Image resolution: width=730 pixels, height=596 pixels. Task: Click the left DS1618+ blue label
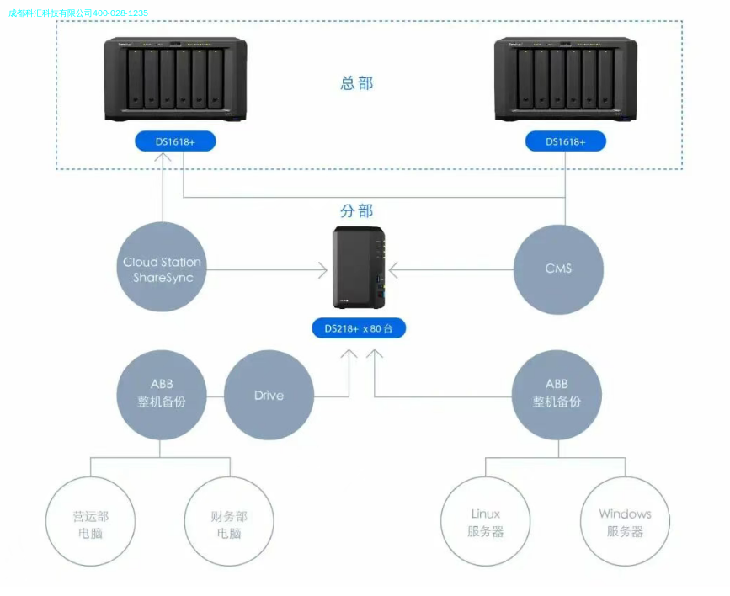pyautogui.click(x=175, y=141)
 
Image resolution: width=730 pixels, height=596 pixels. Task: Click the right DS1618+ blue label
pyautogui.click(x=565, y=141)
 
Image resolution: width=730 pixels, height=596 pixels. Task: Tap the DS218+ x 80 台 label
pyautogui.click(x=359, y=328)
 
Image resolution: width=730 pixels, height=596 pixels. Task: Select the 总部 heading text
pyautogui.click(x=356, y=83)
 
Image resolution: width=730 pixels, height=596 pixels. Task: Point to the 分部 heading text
pyautogui.click(x=356, y=211)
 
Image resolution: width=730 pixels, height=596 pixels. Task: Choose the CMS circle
pyautogui.click(x=558, y=269)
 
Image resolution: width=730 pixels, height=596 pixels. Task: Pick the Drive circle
pyautogui.click(x=269, y=396)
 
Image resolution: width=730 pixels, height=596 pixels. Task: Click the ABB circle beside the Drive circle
pyautogui.click(x=162, y=394)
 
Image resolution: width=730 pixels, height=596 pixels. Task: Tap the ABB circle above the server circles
pyautogui.click(x=557, y=394)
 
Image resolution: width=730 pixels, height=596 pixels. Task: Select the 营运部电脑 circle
pyautogui.click(x=90, y=522)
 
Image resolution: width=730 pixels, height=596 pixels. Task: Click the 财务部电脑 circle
pyautogui.click(x=229, y=522)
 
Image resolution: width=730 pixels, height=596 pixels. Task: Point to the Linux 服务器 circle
pyautogui.click(x=485, y=522)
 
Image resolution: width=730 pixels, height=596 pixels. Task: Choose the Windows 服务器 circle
pyautogui.click(x=625, y=522)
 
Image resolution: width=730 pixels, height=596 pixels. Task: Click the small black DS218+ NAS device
pyautogui.click(x=360, y=268)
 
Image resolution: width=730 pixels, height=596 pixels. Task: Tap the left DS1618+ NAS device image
pyautogui.click(x=176, y=81)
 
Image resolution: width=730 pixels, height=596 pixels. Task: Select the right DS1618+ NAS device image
pyautogui.click(x=565, y=81)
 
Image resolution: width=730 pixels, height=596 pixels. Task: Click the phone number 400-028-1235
pyautogui.click(x=120, y=13)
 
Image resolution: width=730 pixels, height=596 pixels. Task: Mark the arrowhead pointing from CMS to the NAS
pyautogui.click(x=393, y=270)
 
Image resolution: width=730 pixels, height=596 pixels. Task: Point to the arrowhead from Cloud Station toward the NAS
pyautogui.click(x=322, y=270)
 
